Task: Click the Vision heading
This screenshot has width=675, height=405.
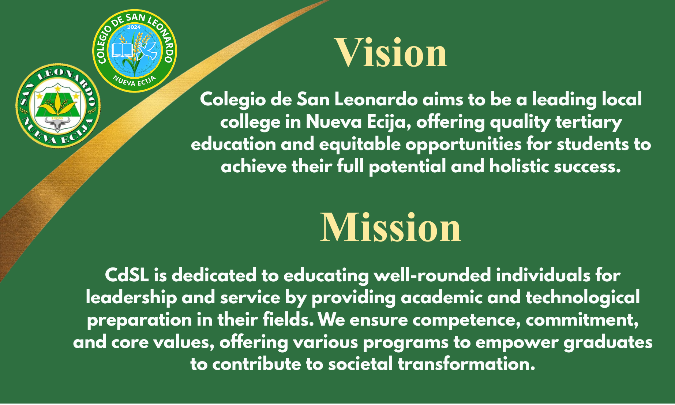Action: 391,53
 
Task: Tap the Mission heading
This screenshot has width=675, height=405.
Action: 391,227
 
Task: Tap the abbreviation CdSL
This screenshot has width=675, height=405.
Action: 127,275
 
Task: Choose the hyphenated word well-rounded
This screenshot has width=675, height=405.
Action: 432,275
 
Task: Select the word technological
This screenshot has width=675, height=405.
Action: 583,298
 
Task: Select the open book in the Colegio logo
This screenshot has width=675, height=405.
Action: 122,50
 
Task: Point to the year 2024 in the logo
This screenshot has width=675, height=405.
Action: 134,27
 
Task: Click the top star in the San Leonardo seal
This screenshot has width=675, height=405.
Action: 57,89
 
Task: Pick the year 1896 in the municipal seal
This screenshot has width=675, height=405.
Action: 57,119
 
